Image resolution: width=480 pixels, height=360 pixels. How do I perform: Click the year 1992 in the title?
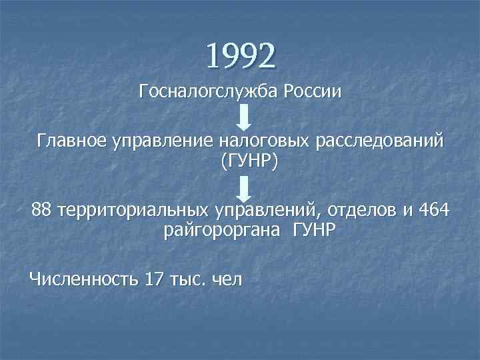[240, 56]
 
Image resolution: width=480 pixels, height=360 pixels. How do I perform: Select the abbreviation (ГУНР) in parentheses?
[245, 161]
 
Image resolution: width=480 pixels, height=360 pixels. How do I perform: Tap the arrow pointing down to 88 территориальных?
[245, 187]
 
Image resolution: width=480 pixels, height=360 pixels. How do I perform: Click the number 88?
[41, 212]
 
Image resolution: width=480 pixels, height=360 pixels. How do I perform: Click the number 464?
[433, 212]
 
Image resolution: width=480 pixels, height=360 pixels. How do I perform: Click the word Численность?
[83, 279]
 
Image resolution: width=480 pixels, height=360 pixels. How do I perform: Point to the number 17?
[153, 279]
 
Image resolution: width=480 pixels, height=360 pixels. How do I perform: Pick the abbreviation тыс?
[187, 279]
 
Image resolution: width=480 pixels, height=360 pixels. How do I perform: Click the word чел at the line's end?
[226, 279]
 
